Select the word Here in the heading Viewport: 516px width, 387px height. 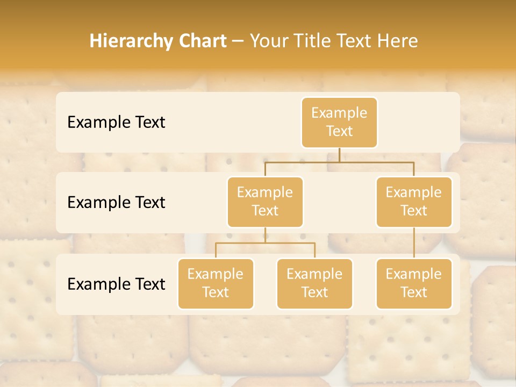pyautogui.click(x=398, y=41)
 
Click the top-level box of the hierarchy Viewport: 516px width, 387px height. pyautogui.click(x=339, y=123)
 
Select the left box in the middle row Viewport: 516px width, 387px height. pyautogui.click(x=265, y=202)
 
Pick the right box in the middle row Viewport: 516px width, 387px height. pyautogui.click(x=414, y=202)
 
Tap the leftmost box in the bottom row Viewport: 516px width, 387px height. pyautogui.click(x=216, y=284)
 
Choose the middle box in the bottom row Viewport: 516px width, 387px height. pyautogui.click(x=314, y=284)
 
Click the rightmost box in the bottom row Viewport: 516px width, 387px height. pyautogui.click(x=414, y=284)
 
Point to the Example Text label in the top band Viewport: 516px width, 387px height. pyautogui.click(x=116, y=123)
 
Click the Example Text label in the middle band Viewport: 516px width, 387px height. pyautogui.click(x=116, y=203)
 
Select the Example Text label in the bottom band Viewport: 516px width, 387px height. pyautogui.click(x=116, y=284)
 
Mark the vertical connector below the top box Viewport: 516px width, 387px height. pyautogui.click(x=339, y=155)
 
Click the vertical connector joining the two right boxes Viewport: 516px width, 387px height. pyautogui.click(x=414, y=243)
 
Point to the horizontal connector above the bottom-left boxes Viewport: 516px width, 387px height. pyautogui.click(x=265, y=243)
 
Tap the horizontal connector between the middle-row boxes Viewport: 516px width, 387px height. pyautogui.click(x=339, y=162)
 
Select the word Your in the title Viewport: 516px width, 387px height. pyautogui.click(x=267, y=41)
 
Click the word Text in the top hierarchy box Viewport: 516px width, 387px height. pyautogui.click(x=339, y=132)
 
